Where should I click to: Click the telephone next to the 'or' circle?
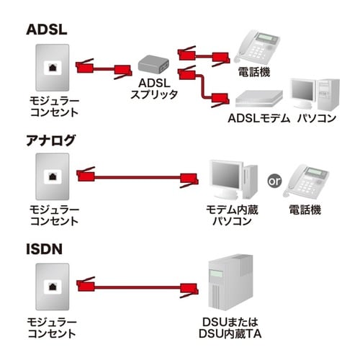pos(308,180)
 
